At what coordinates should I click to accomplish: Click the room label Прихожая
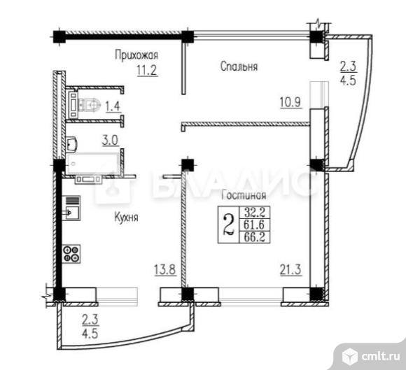click(x=136, y=54)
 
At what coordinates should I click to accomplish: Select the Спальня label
click(x=239, y=67)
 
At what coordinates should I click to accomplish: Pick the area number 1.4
click(x=111, y=107)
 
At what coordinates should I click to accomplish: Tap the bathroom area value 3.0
click(x=110, y=140)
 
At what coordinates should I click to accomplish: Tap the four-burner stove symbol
click(x=72, y=252)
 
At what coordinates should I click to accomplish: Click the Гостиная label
click(x=241, y=197)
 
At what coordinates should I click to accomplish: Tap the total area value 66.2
click(x=251, y=236)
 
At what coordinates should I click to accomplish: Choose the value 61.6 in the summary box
click(x=251, y=225)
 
